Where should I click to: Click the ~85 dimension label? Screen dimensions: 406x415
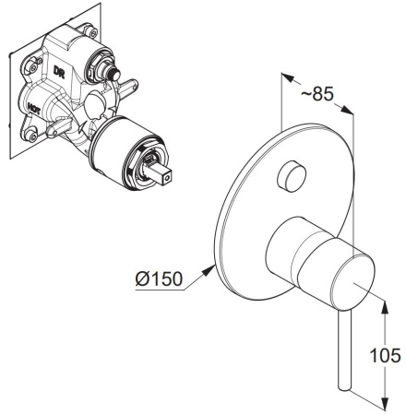pyautogui.click(x=317, y=93)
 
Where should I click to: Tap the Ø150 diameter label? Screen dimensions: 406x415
pyautogui.click(x=159, y=279)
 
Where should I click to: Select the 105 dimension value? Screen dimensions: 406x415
pyautogui.click(x=385, y=355)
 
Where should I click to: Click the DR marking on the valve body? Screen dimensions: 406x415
pyautogui.click(x=59, y=72)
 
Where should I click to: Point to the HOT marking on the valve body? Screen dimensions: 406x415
pyautogui.click(x=33, y=109)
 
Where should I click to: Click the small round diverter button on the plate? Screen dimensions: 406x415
pyautogui.click(x=292, y=175)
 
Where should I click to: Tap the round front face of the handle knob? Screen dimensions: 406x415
pyautogui.click(x=353, y=282)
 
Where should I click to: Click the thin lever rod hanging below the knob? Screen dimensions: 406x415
pyautogui.click(x=345, y=350)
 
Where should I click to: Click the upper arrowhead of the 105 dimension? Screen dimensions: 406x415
pyautogui.click(x=385, y=308)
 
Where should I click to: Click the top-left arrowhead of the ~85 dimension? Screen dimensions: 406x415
pyautogui.click(x=288, y=77)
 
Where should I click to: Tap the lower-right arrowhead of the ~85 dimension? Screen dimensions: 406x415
pyautogui.click(x=347, y=111)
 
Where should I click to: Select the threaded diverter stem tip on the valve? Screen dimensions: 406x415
pyautogui.click(x=113, y=74)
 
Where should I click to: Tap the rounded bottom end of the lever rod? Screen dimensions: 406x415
pyautogui.click(x=344, y=388)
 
